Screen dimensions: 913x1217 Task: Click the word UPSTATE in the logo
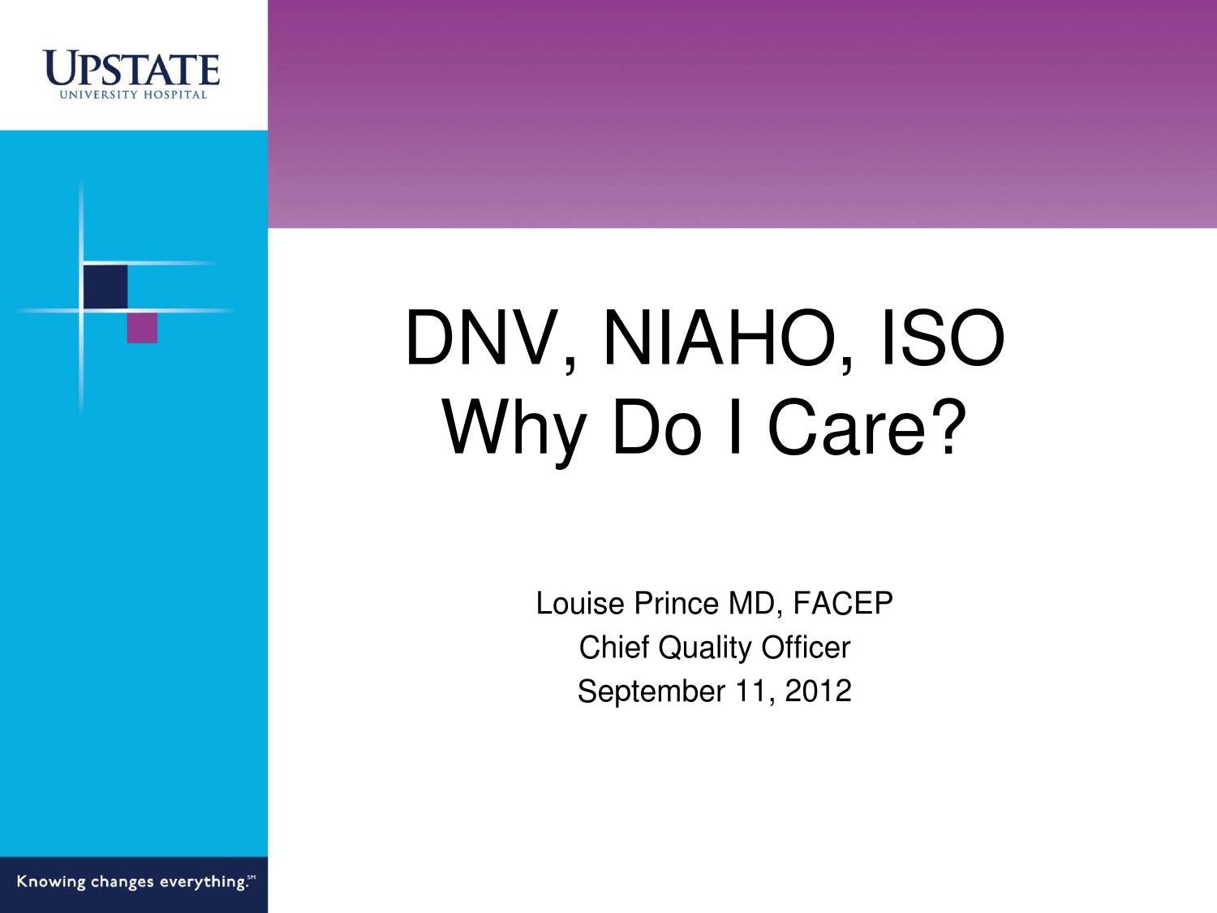point(132,68)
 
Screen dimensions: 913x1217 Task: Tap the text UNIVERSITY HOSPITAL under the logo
point(132,95)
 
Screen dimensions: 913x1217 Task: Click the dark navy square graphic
point(105,286)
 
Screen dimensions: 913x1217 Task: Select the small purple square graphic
point(142,328)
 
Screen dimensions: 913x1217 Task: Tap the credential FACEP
point(843,604)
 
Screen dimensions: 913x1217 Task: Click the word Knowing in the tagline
point(51,882)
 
